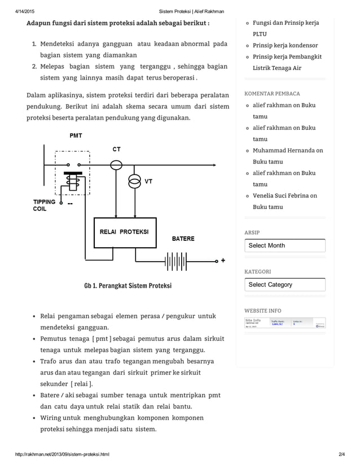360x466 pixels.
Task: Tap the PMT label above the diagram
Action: (x=75, y=136)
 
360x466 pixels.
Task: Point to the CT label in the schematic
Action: (x=116, y=150)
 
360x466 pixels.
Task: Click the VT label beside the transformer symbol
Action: (x=148, y=182)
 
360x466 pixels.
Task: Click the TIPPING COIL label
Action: (x=44, y=205)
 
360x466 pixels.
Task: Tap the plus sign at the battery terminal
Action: (x=223, y=261)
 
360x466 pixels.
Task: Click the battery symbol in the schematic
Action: (x=176, y=261)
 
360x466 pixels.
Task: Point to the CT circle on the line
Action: (x=116, y=164)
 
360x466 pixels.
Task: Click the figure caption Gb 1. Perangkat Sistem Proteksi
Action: (x=128, y=285)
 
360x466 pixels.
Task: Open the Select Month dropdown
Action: (x=285, y=245)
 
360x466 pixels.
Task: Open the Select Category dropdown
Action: (x=285, y=284)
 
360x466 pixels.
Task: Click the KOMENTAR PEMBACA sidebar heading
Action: (x=272, y=94)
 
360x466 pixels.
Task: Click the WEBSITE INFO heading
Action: (x=262, y=311)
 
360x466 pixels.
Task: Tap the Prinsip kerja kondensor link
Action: (x=285, y=45)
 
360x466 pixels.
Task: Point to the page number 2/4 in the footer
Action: (x=341, y=454)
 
